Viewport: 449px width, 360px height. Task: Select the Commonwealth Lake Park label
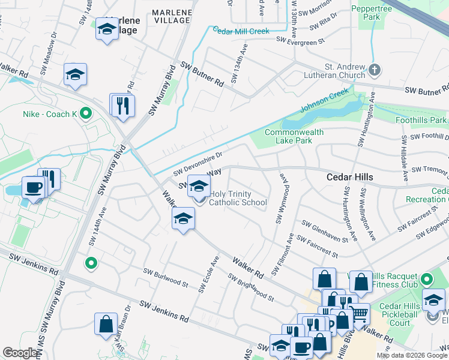(x=294, y=136)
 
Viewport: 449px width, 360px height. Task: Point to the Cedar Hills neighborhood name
(x=349, y=177)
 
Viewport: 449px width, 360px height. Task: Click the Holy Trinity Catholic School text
(x=238, y=198)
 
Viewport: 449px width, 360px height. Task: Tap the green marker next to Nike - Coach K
(x=86, y=112)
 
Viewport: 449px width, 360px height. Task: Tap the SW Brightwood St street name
(x=250, y=287)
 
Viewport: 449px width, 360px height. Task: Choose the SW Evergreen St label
(x=300, y=40)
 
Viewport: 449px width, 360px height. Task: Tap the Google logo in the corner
(x=20, y=353)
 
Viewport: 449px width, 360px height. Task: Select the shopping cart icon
(x=359, y=312)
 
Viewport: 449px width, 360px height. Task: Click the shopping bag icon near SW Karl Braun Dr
(x=106, y=323)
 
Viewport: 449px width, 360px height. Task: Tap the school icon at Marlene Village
(x=107, y=28)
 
